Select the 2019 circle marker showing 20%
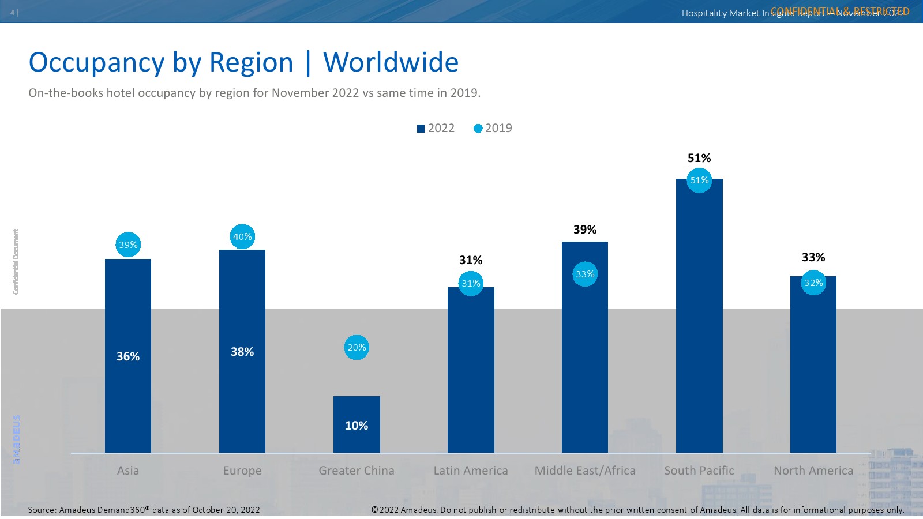click(357, 348)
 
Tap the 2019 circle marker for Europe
click(242, 236)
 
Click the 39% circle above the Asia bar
click(128, 245)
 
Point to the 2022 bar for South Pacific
click(699, 323)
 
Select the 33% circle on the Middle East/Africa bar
click(585, 274)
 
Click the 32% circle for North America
click(813, 283)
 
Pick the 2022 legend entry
click(436, 128)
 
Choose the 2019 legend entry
click(493, 128)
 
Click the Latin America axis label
click(471, 471)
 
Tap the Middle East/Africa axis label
click(585, 471)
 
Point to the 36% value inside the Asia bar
click(128, 356)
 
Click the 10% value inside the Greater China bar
click(357, 426)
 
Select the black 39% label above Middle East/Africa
click(585, 230)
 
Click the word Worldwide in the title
click(391, 62)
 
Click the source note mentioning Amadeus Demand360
click(144, 510)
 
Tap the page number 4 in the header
click(12, 13)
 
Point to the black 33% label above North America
click(813, 257)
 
